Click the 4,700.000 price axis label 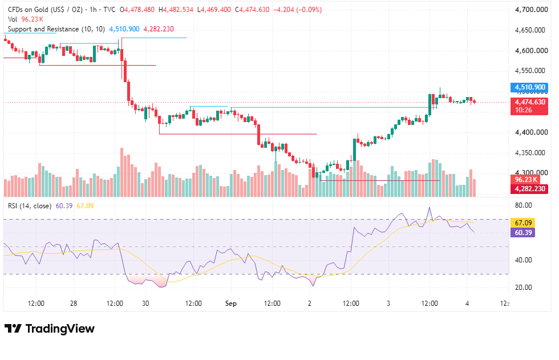point(531,10)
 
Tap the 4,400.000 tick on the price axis point(531,132)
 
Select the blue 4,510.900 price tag point(529,87)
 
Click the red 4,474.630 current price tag point(529,102)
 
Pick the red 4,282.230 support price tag point(529,189)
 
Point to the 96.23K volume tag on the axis point(525,180)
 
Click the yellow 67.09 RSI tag point(522,223)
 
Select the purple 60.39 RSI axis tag point(522,233)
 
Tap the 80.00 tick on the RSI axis point(524,205)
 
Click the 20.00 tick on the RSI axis point(524,288)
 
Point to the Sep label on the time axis point(230,304)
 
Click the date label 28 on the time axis point(74,304)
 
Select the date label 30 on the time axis point(145,304)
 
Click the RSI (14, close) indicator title point(30,205)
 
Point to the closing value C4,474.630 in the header point(252,10)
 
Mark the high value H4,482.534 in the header point(178,10)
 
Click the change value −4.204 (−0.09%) point(297,10)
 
